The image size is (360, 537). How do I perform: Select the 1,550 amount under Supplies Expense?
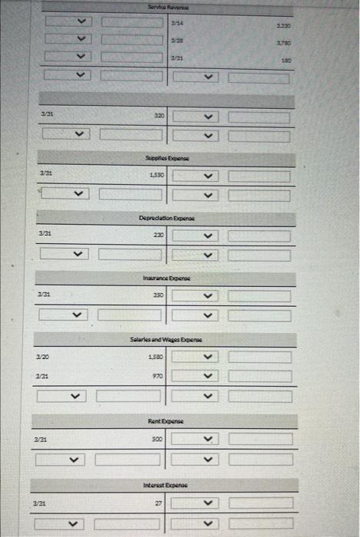[x=155, y=176]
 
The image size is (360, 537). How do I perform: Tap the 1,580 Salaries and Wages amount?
[x=155, y=356]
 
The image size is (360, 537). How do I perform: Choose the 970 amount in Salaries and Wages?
[x=157, y=376]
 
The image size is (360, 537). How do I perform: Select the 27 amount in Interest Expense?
[x=158, y=502]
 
